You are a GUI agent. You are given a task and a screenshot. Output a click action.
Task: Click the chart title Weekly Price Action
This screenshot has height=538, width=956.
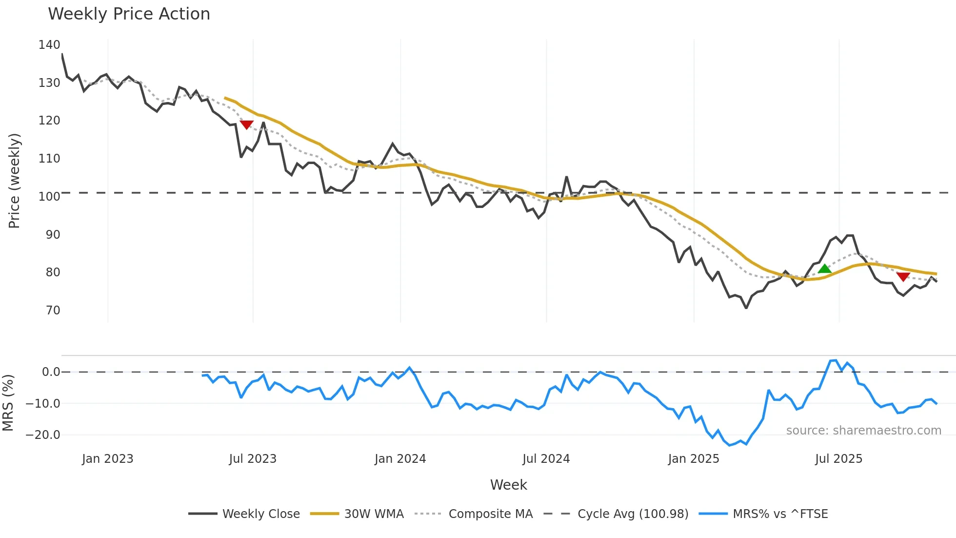pyautogui.click(x=129, y=14)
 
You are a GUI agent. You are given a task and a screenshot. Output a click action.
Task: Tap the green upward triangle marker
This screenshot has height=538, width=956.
pyautogui.click(x=824, y=269)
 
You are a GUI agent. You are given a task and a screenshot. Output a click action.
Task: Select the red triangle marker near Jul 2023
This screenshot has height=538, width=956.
pyautogui.click(x=247, y=125)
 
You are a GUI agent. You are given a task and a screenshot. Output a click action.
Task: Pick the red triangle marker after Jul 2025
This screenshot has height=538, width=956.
pyautogui.click(x=903, y=277)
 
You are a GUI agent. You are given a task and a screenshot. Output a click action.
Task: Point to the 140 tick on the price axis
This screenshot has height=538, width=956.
pyautogui.click(x=49, y=45)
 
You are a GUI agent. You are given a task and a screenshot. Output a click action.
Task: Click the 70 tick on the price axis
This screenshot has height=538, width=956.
pyautogui.click(x=53, y=310)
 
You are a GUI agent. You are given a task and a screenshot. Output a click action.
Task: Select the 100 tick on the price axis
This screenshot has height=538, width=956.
pyautogui.click(x=49, y=197)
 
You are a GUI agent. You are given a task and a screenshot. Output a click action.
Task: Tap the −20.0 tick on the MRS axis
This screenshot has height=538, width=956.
pyautogui.click(x=43, y=435)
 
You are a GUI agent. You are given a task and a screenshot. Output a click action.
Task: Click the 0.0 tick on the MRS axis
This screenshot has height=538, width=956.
pyautogui.click(x=51, y=372)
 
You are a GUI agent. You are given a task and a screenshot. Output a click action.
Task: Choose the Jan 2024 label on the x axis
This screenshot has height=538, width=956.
pyautogui.click(x=400, y=459)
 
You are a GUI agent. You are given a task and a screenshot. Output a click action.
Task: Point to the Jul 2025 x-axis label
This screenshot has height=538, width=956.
pyautogui.click(x=838, y=459)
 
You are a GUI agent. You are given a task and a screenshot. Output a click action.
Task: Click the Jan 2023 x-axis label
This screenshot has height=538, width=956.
pyautogui.click(x=107, y=459)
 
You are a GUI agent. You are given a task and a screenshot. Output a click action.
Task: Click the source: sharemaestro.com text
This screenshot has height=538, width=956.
pyautogui.click(x=863, y=431)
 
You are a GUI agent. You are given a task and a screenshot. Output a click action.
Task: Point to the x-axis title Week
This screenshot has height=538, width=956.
pyautogui.click(x=508, y=485)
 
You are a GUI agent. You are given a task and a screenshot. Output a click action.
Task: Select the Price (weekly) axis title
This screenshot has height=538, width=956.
pyautogui.click(x=14, y=181)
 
